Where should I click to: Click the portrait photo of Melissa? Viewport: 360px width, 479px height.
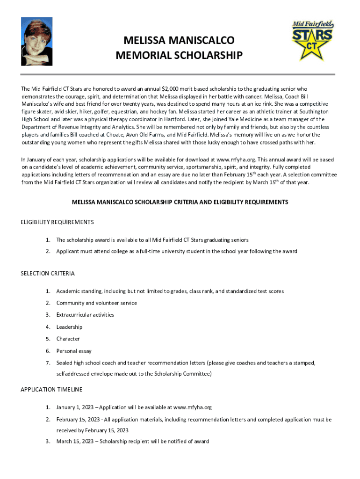(x=36, y=42)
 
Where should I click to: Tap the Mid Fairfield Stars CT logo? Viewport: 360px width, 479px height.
(x=312, y=41)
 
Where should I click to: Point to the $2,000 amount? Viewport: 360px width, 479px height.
(x=171, y=88)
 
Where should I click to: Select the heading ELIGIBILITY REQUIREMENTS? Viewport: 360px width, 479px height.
(x=58, y=222)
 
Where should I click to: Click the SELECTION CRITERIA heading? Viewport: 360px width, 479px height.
(x=48, y=273)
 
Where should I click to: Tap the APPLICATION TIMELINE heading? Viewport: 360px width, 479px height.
(x=51, y=389)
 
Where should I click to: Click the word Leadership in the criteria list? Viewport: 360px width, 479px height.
(x=69, y=327)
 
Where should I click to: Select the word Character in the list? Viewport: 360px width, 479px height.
(x=68, y=339)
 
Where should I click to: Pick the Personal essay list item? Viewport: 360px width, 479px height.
(x=74, y=351)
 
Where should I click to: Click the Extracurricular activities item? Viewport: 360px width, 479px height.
(x=85, y=315)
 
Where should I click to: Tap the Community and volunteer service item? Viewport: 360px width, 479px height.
(x=97, y=303)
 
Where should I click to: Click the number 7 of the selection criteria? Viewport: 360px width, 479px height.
(x=48, y=363)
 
